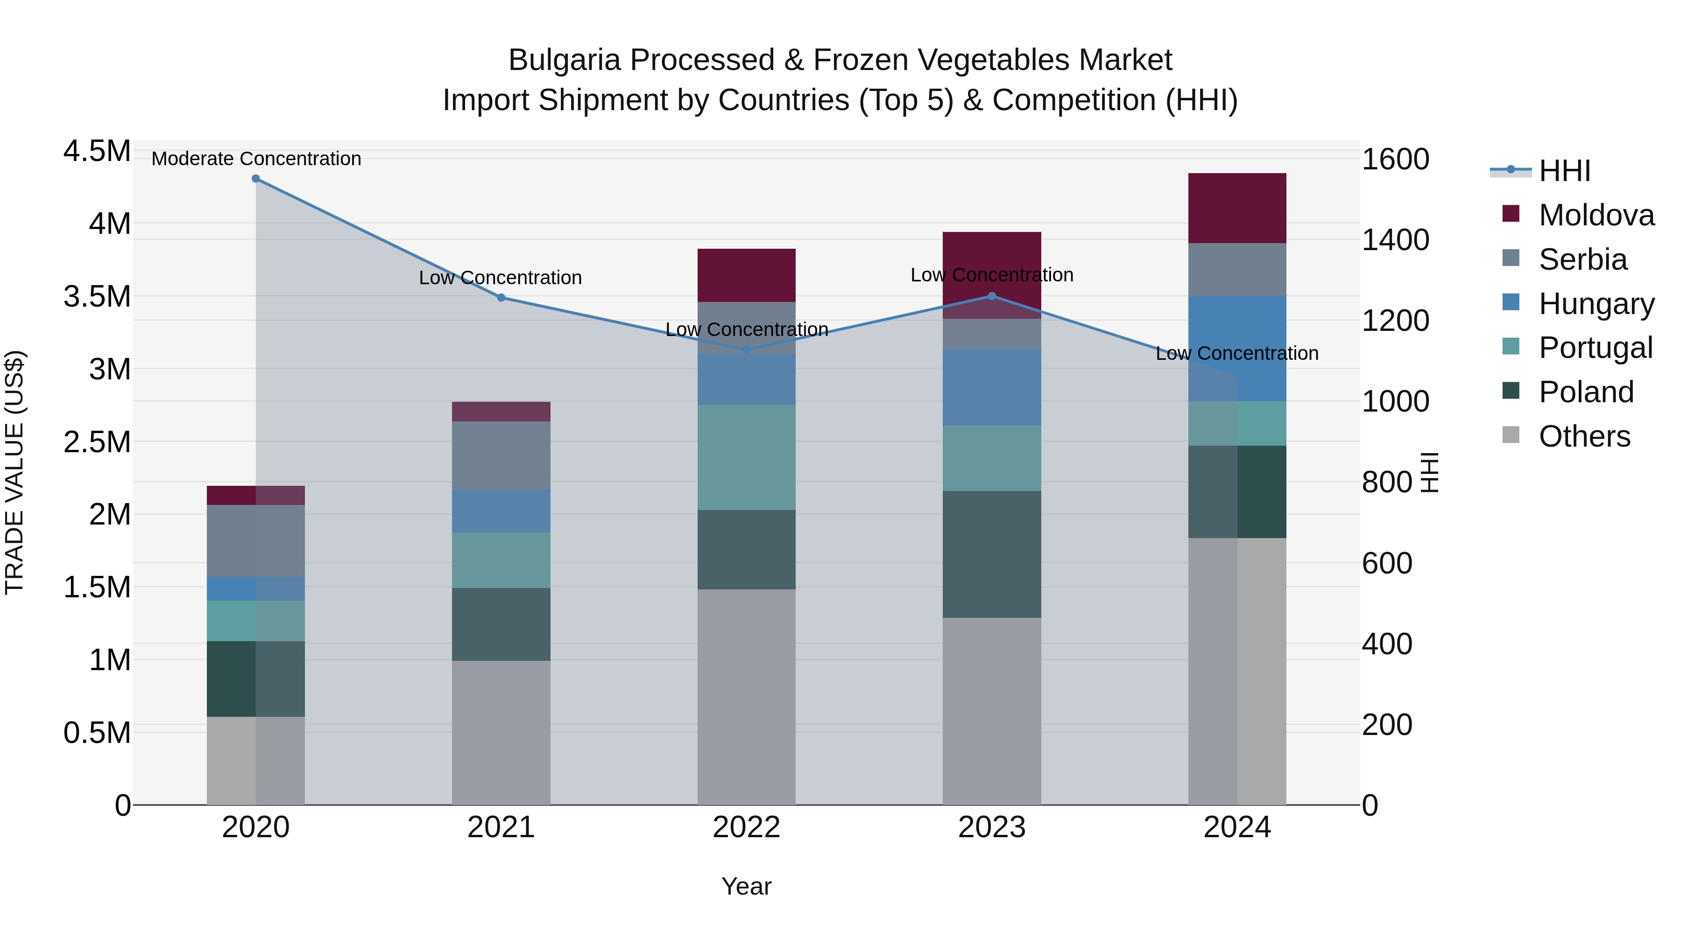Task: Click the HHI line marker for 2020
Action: point(256,179)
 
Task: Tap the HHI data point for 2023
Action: point(992,296)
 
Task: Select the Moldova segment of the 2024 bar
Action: point(1237,208)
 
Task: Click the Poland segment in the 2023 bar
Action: point(992,554)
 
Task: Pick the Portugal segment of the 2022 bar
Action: point(747,457)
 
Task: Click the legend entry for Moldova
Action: point(1596,215)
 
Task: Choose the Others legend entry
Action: point(1584,436)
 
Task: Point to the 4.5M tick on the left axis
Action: point(97,151)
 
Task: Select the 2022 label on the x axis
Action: point(747,827)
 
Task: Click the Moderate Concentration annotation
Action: point(256,159)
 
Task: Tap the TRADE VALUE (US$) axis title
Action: point(14,472)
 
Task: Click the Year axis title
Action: point(747,886)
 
